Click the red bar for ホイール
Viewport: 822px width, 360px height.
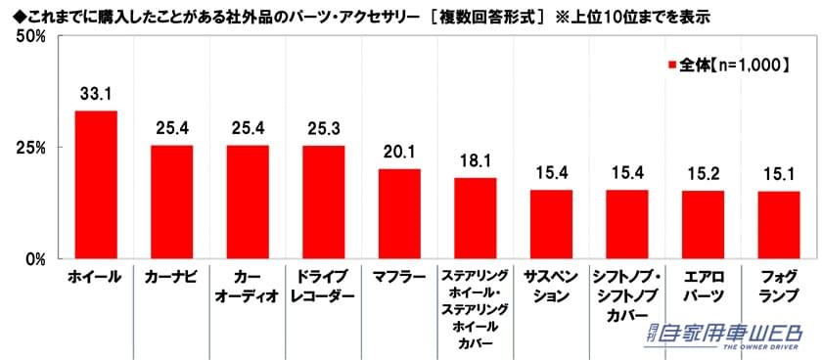click(x=96, y=185)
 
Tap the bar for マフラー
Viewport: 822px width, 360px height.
click(x=399, y=213)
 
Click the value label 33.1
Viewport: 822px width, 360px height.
click(x=96, y=96)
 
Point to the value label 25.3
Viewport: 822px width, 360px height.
click(x=323, y=128)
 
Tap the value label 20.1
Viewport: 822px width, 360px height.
click(x=399, y=152)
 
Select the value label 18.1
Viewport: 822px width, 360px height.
click(x=476, y=160)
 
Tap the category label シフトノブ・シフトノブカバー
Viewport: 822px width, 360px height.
click(x=627, y=296)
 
